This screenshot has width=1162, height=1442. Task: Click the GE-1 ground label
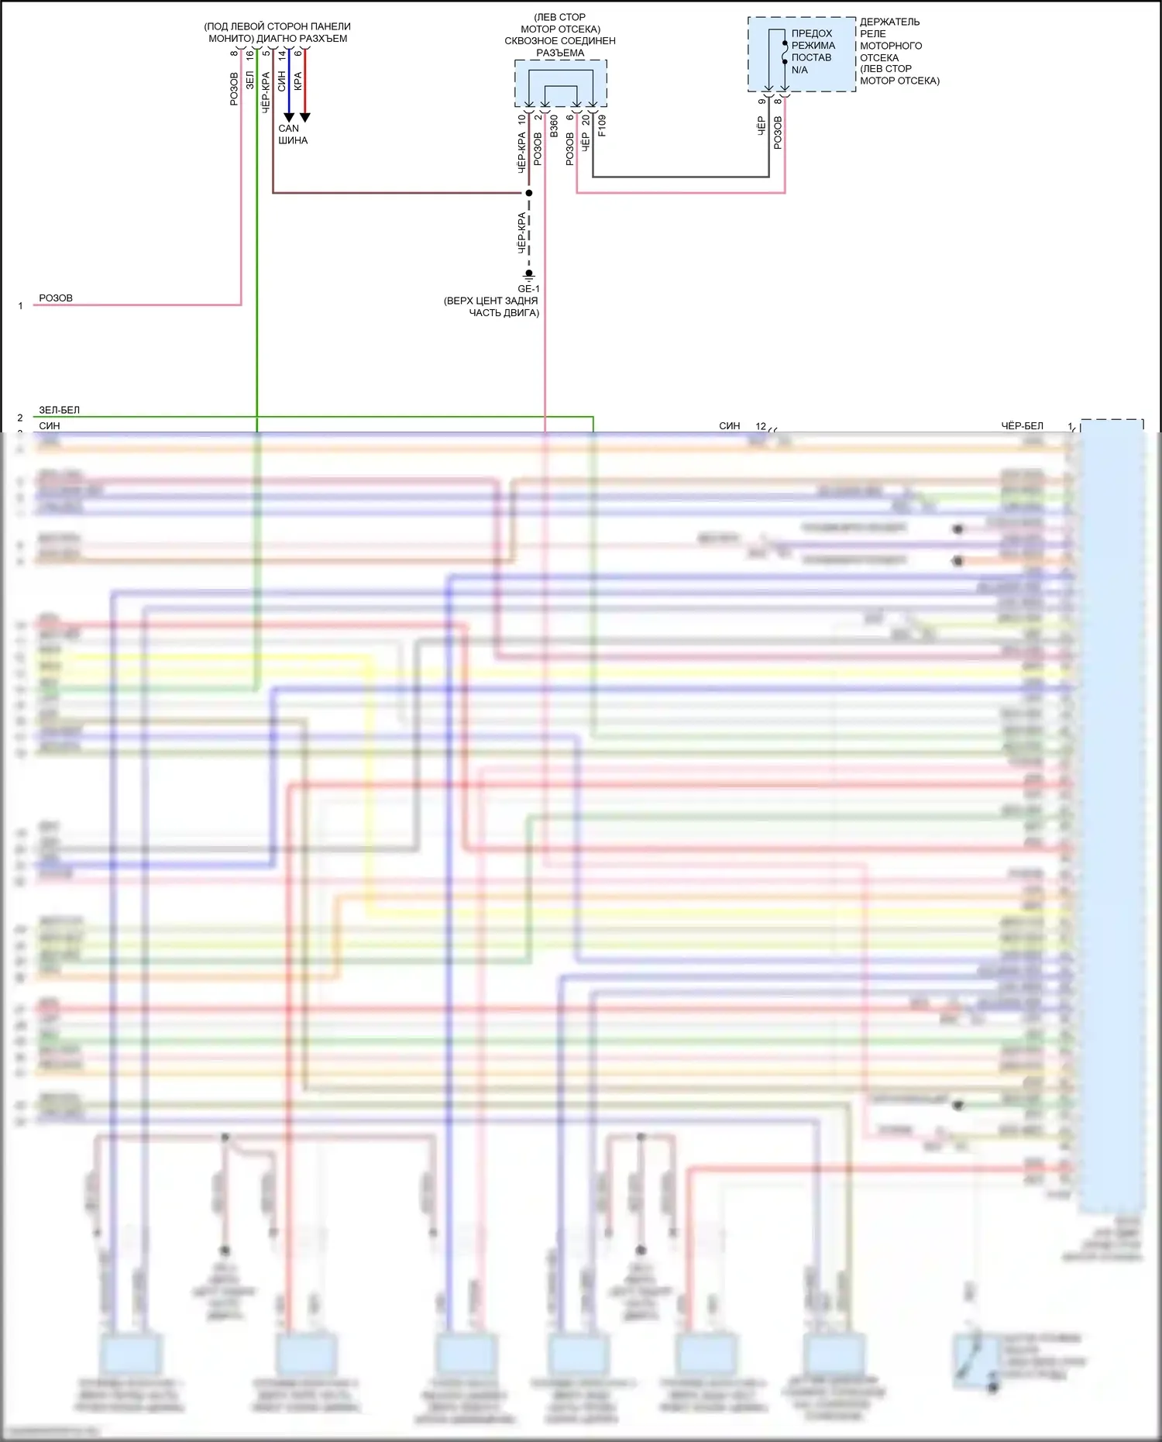coord(528,289)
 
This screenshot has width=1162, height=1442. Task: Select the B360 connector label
coord(554,126)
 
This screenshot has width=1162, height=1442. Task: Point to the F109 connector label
coord(602,126)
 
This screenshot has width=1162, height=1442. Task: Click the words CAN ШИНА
coord(293,134)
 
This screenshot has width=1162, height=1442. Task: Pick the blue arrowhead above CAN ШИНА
coord(289,117)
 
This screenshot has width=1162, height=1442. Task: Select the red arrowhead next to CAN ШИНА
coord(305,117)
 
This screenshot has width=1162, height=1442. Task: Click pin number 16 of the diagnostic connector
coord(250,54)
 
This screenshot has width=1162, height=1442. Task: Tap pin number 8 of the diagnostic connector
coord(234,53)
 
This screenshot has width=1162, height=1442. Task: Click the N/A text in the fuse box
coord(799,70)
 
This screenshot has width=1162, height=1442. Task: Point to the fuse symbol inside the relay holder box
coord(785,53)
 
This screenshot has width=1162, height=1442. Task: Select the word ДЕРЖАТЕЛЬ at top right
coord(890,22)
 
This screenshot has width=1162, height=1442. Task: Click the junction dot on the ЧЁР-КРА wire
coord(529,192)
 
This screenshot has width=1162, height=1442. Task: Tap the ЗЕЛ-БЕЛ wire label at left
coord(60,410)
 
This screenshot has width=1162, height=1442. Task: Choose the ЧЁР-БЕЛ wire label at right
coord(1022,425)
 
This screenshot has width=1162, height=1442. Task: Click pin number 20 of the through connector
coord(586,120)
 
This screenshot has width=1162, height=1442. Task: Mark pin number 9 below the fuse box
coord(761,101)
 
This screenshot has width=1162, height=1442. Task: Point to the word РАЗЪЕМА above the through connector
coord(560,53)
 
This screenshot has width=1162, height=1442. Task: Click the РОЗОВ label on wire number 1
coord(56,298)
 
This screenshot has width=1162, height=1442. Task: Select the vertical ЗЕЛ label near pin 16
coord(249,81)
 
